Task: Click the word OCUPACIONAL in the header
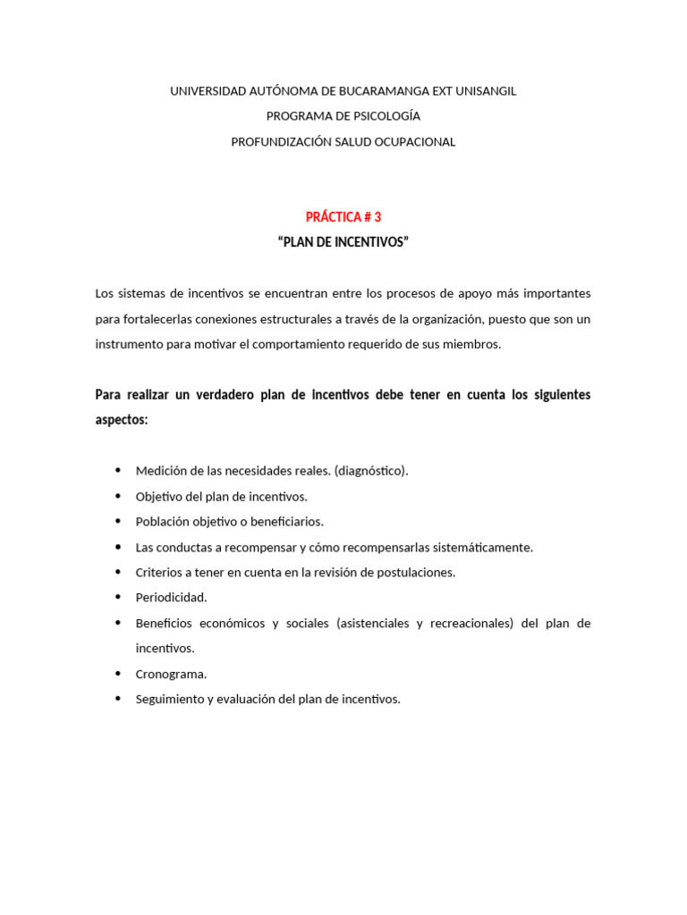(415, 141)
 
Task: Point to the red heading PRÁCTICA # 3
(343, 217)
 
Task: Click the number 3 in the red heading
(377, 217)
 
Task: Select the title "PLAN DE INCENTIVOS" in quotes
(343, 242)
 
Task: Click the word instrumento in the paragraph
(127, 344)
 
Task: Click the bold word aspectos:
(121, 420)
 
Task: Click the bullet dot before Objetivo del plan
(118, 496)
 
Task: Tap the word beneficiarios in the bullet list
(283, 522)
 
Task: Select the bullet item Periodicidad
(171, 598)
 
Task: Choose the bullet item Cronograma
(171, 674)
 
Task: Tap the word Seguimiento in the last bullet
(170, 700)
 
